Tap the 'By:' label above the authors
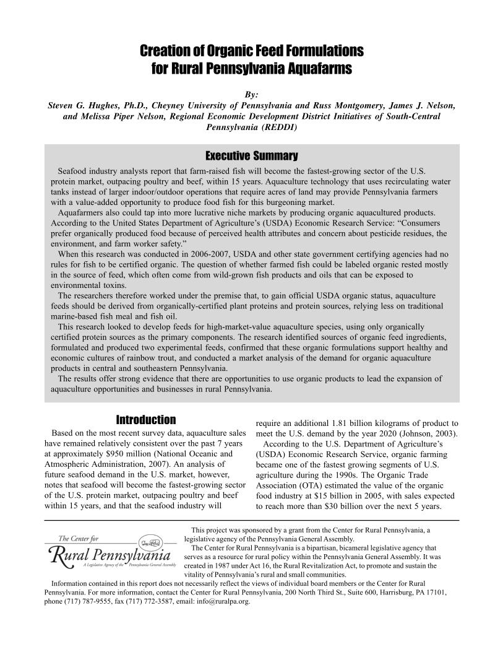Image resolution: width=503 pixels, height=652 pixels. coord(251,94)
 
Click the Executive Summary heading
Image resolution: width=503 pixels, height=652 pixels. coord(251,156)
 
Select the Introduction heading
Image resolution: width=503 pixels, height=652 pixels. coord(146,420)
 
